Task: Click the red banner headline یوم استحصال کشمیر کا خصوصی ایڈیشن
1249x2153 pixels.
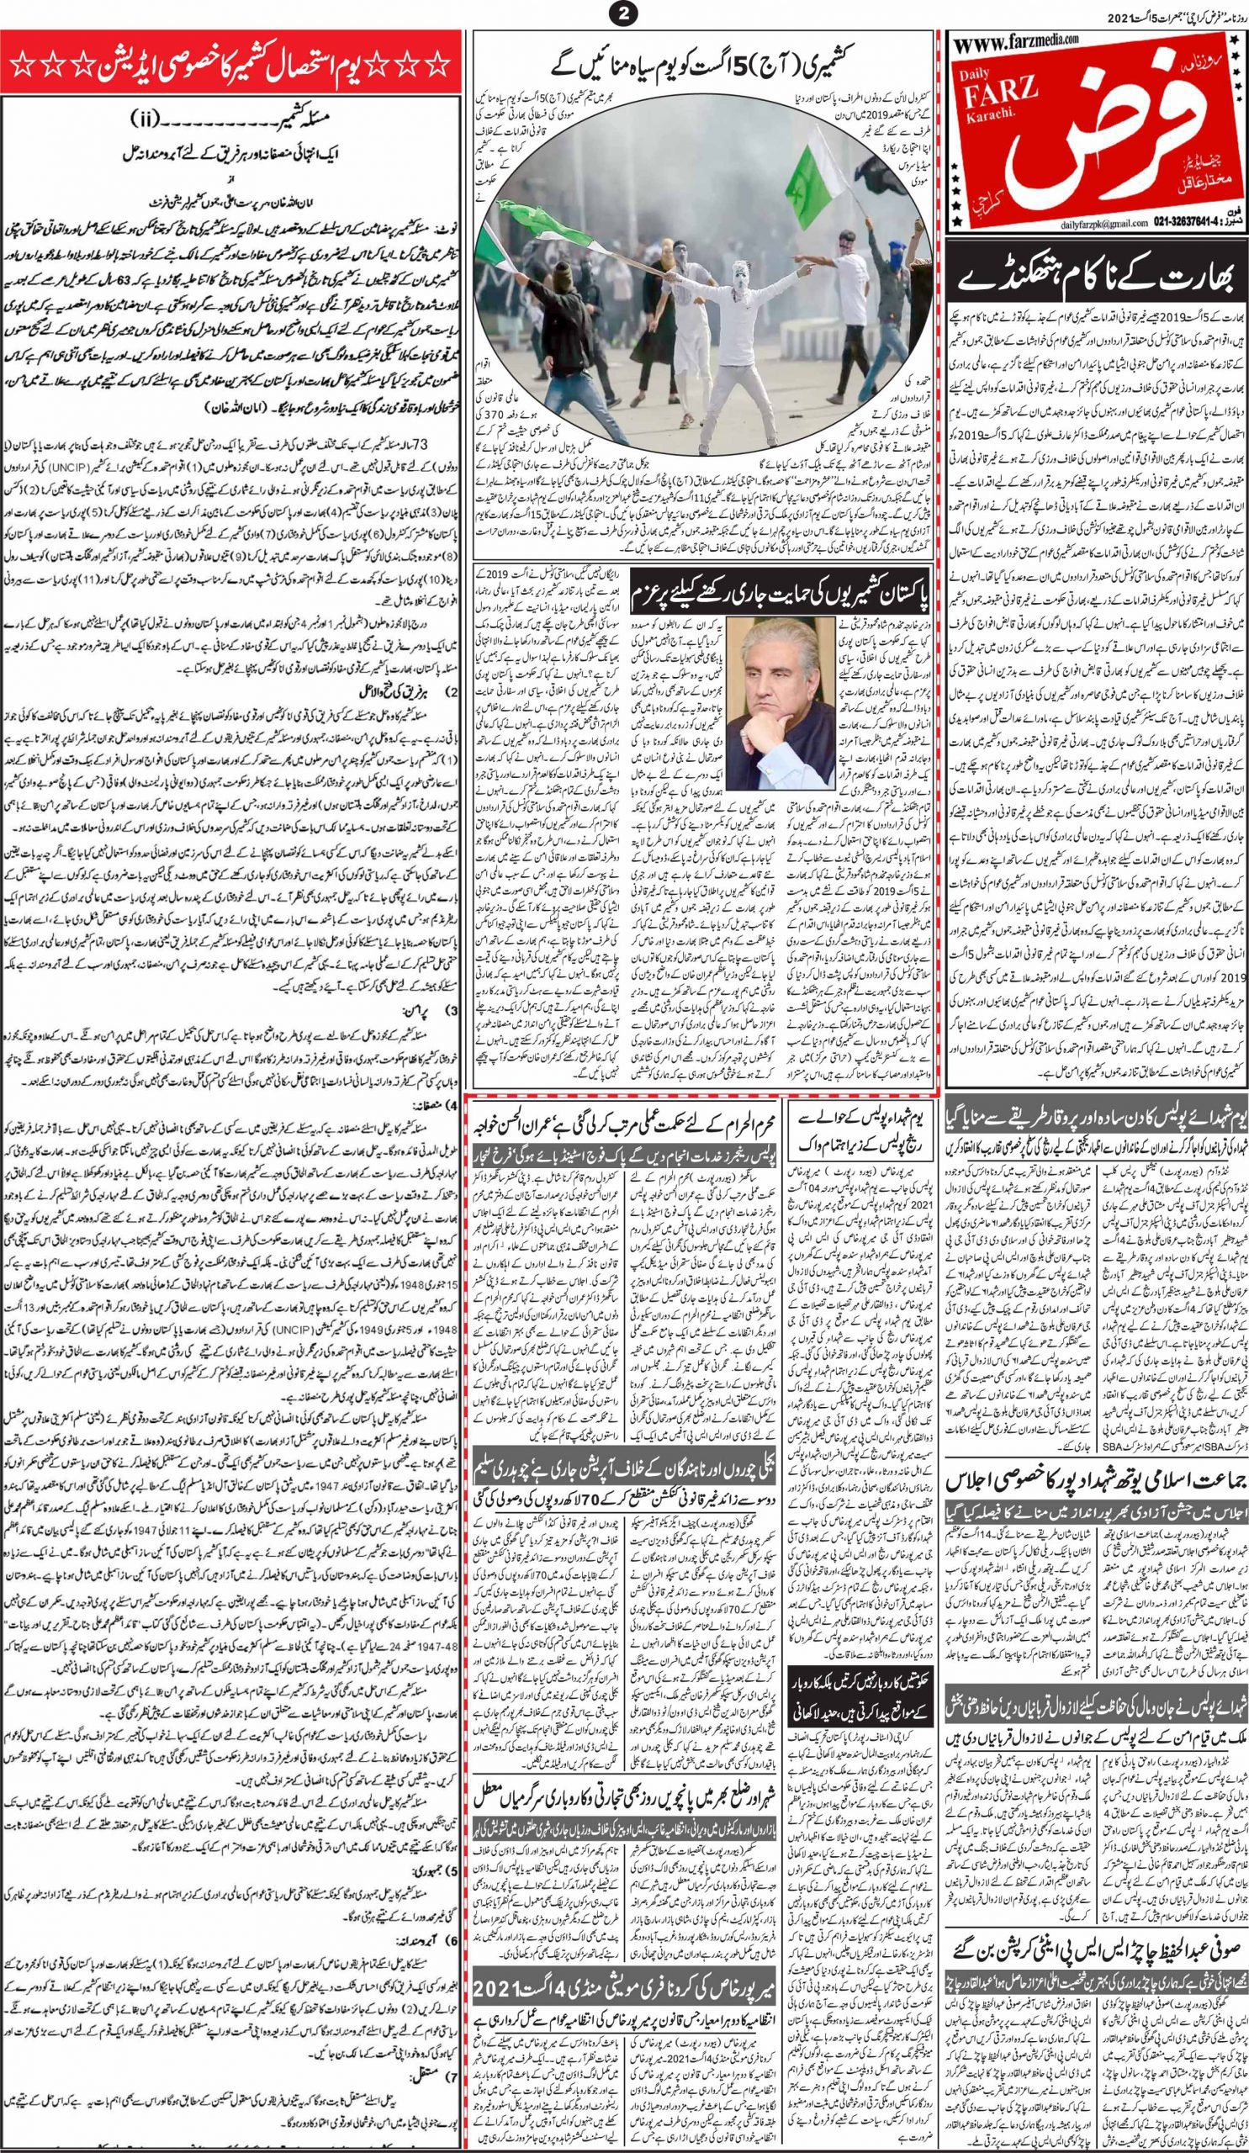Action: (230, 65)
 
